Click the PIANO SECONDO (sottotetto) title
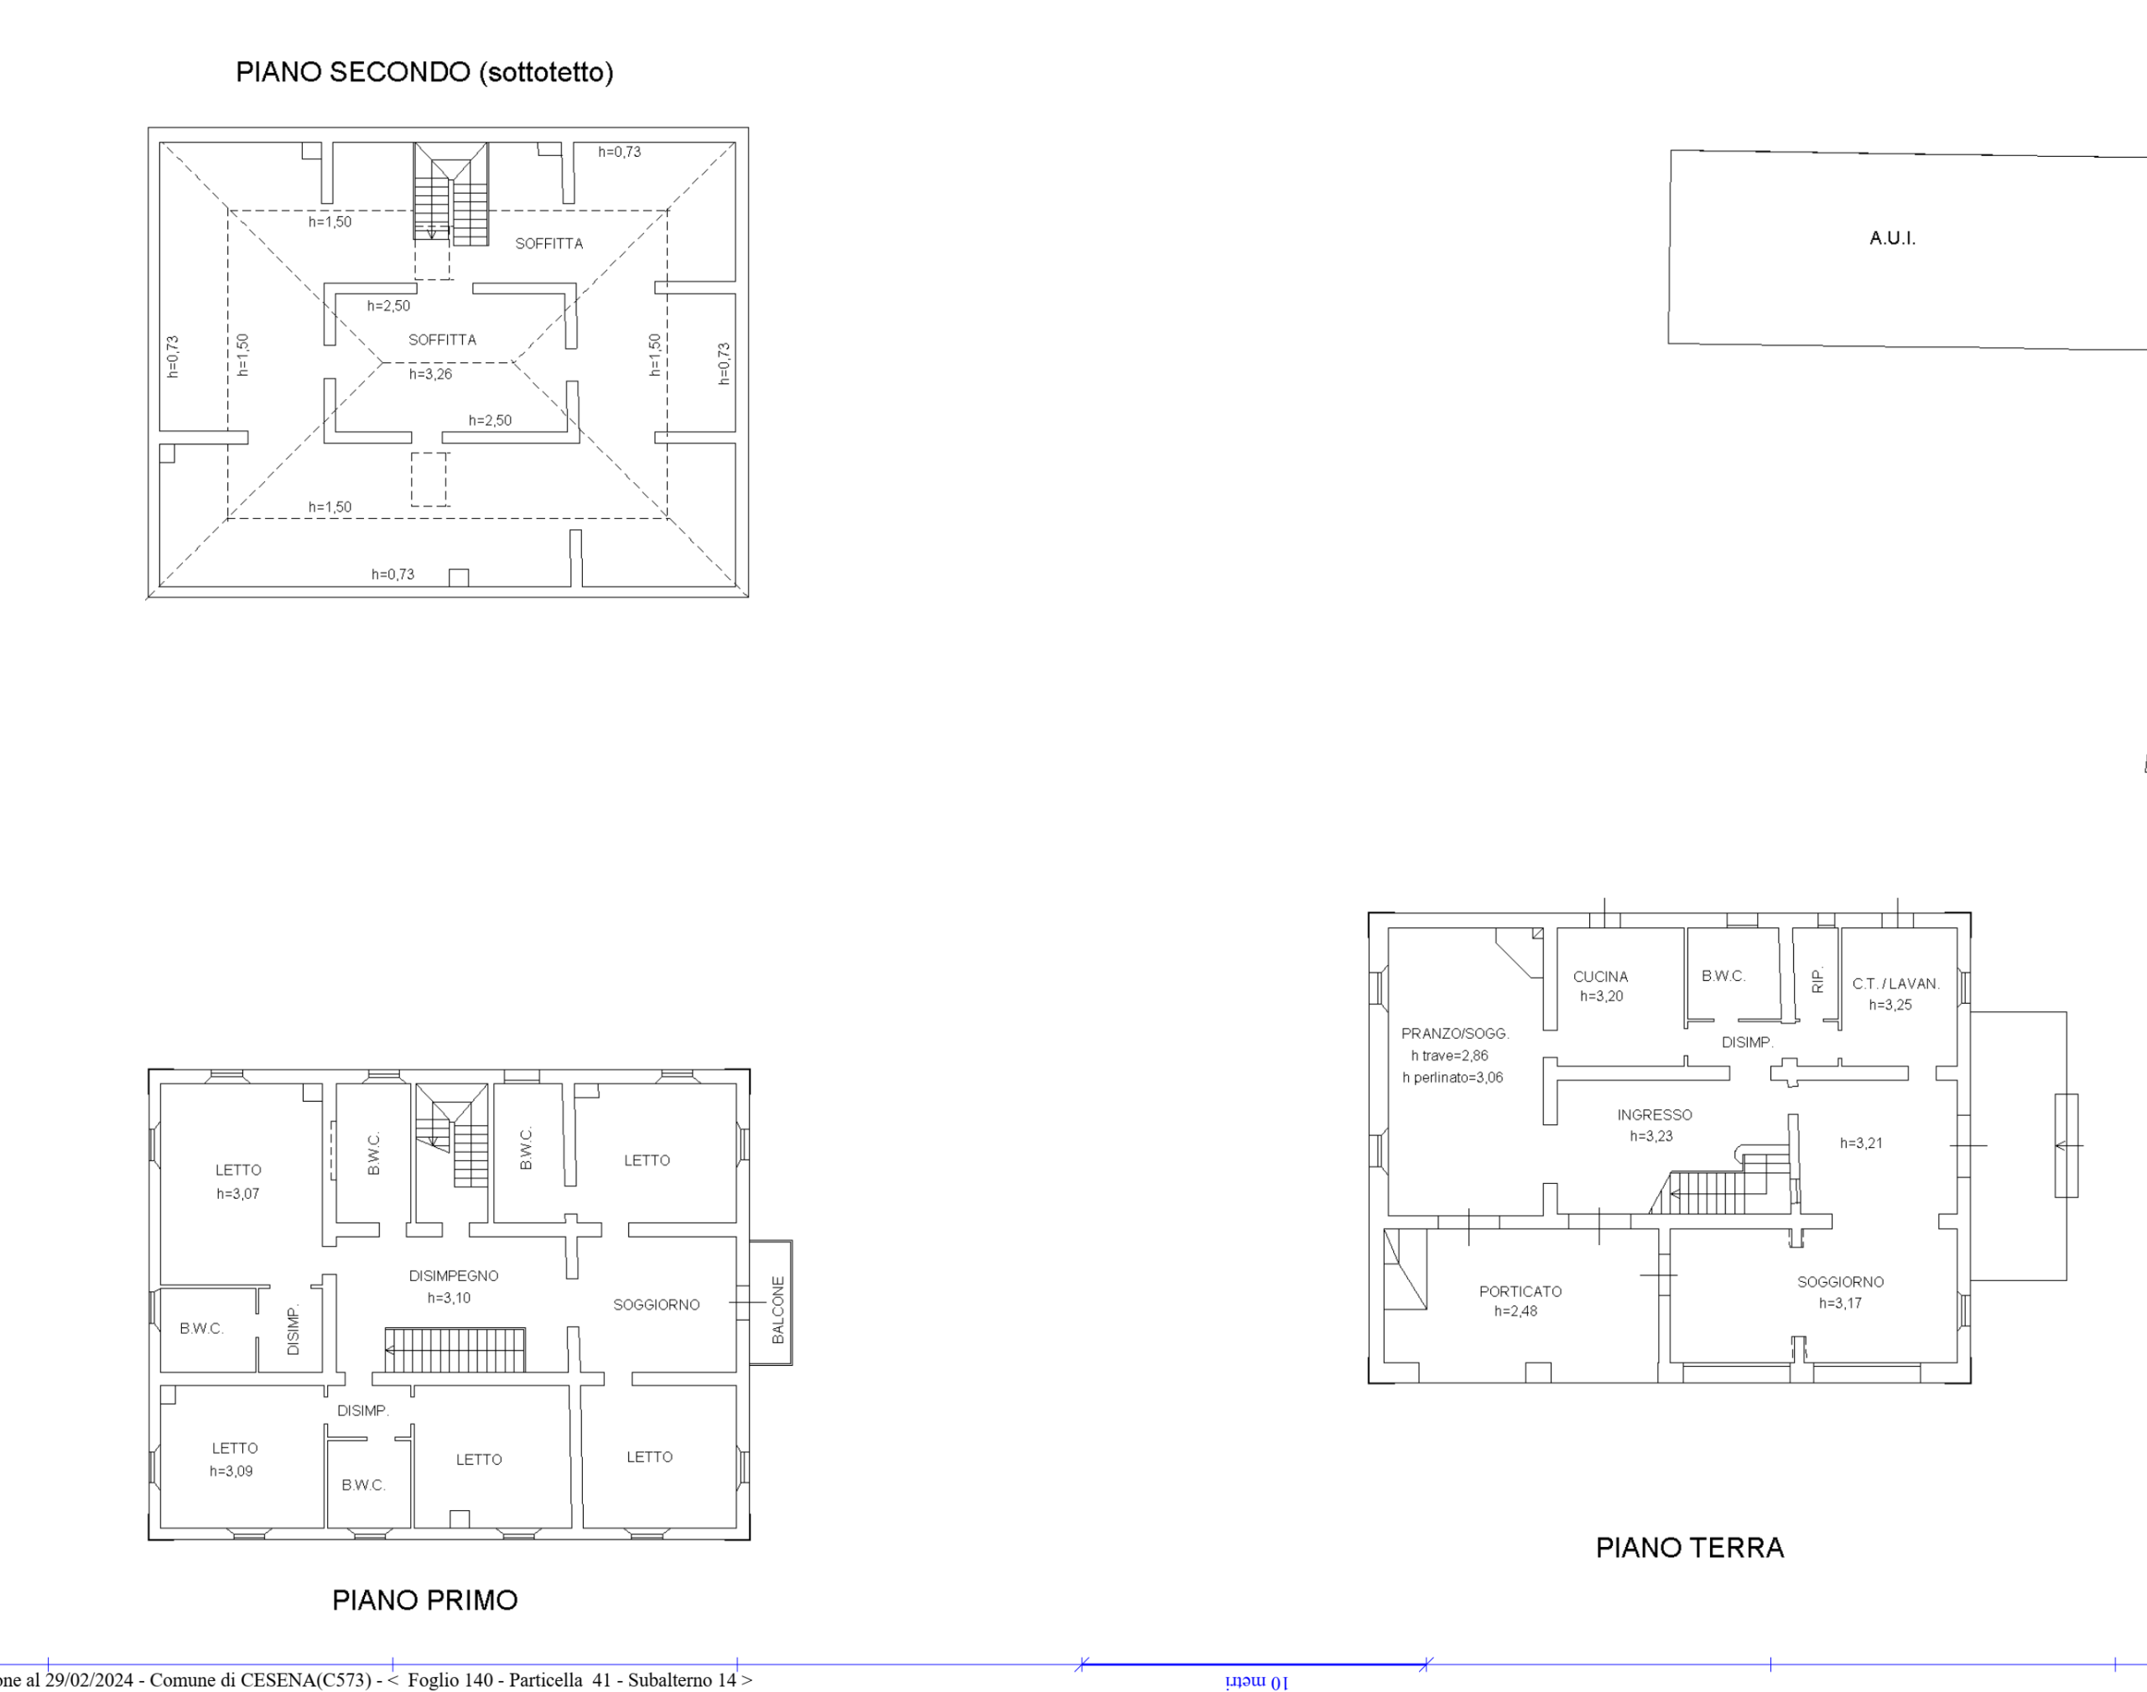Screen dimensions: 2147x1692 (424, 72)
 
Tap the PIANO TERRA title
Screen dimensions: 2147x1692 (1689, 1548)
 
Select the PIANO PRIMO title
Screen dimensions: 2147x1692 (424, 1600)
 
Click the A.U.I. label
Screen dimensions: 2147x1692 (1892, 238)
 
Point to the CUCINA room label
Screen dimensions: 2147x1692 (1600, 977)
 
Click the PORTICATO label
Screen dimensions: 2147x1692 (1520, 1292)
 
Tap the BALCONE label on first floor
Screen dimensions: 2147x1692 (777, 1310)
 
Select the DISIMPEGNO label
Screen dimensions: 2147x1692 (454, 1276)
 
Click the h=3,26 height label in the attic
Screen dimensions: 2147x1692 (431, 375)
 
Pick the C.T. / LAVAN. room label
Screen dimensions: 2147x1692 (1895, 984)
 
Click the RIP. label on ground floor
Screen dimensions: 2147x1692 (1817, 980)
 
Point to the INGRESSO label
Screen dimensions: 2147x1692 (1655, 1115)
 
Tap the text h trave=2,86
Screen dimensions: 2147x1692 (1449, 1056)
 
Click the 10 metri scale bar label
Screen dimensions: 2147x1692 (1256, 1681)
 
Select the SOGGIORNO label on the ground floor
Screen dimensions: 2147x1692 (1841, 1282)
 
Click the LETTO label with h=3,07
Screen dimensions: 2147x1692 (239, 1170)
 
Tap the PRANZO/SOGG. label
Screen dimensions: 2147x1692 (1454, 1033)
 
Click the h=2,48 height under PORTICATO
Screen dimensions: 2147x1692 (1515, 1311)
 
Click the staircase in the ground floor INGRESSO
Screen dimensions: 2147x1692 (1722, 1185)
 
